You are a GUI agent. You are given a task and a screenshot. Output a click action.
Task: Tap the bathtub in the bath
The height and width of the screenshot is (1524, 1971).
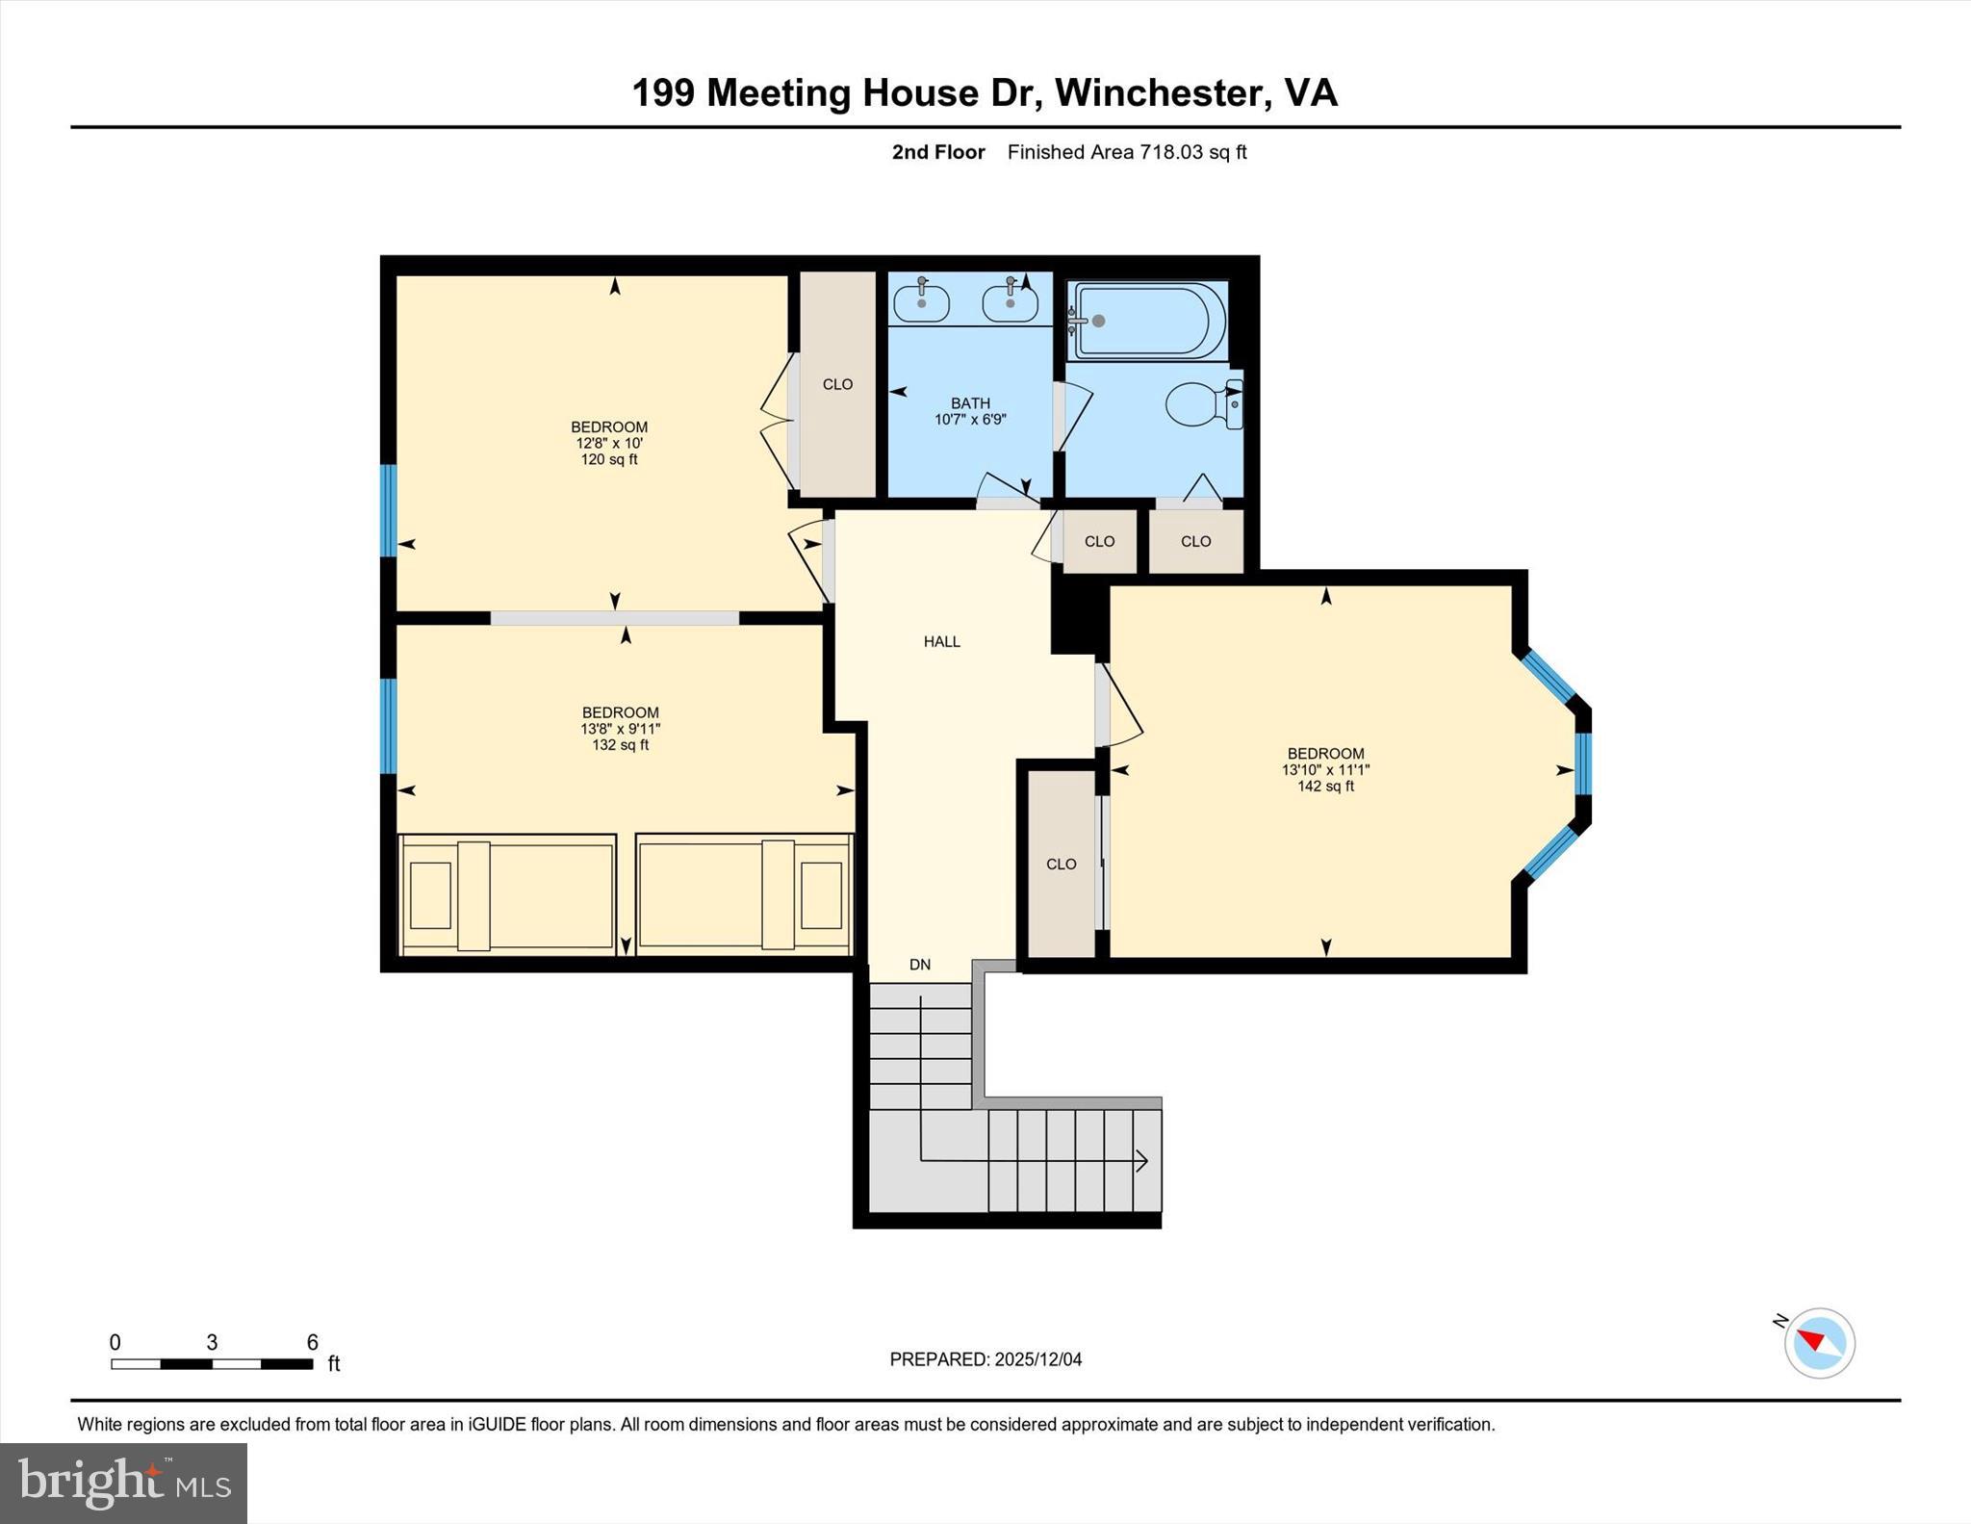1147,321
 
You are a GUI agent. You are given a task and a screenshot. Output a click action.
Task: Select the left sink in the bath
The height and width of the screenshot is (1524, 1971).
921,303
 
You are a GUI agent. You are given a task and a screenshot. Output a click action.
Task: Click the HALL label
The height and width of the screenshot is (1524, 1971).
941,641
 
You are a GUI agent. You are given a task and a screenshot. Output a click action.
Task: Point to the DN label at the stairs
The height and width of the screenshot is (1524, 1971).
919,965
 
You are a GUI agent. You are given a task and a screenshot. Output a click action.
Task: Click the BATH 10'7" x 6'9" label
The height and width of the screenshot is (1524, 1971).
969,411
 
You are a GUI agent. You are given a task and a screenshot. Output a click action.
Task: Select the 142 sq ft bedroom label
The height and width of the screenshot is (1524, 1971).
1325,769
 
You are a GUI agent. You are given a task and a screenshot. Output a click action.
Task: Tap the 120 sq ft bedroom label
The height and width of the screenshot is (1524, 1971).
608,443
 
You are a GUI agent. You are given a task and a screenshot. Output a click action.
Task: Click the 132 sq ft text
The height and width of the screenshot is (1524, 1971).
620,745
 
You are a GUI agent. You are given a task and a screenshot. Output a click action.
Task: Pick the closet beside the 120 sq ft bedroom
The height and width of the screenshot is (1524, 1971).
837,384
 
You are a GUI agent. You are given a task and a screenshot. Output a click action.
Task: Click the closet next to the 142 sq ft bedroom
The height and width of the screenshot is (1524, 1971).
1061,864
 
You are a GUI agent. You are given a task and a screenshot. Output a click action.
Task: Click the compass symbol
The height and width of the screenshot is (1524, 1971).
1819,1343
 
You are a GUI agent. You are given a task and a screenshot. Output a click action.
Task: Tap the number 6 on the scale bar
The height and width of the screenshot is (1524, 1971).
312,1342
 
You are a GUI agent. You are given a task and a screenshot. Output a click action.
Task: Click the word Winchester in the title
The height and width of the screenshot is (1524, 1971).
1157,93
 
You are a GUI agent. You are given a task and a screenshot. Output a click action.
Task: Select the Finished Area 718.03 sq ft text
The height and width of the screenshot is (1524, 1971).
1126,152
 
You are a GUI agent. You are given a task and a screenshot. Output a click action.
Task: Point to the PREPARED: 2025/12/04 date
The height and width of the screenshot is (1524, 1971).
985,1359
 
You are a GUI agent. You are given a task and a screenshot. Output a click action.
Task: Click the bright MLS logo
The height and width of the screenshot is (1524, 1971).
123,1483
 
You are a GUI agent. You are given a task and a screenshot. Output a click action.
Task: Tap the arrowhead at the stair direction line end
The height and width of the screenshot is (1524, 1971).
1142,1161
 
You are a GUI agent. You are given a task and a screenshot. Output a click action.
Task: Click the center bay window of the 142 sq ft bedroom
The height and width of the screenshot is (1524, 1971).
1583,763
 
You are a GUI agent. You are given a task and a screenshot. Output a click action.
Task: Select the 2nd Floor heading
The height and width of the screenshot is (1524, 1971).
937,152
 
